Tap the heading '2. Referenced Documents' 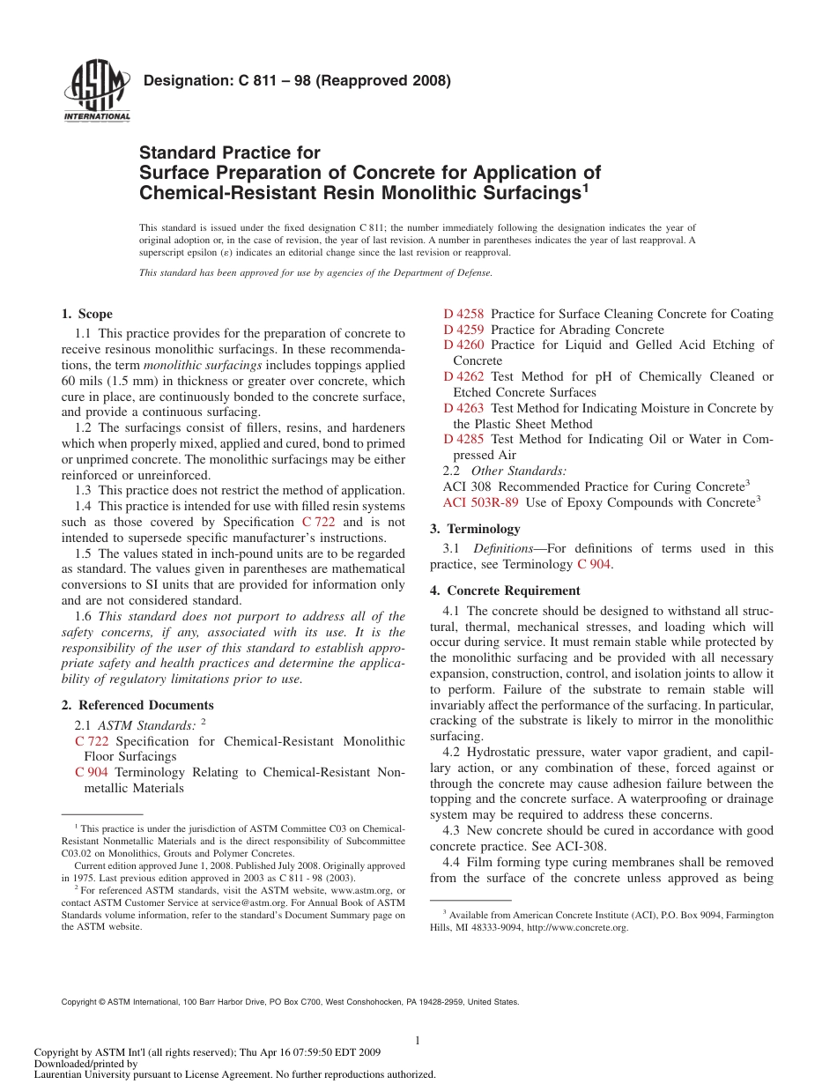[x=137, y=705]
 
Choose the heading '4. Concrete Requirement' [x=505, y=591]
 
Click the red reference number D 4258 [x=463, y=315]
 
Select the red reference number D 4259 [x=463, y=330]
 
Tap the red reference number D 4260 [x=463, y=345]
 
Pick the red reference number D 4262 [x=463, y=377]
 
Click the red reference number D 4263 [x=463, y=409]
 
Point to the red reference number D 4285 [x=463, y=440]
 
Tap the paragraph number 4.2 [x=451, y=753]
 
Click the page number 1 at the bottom [x=418, y=1041]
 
